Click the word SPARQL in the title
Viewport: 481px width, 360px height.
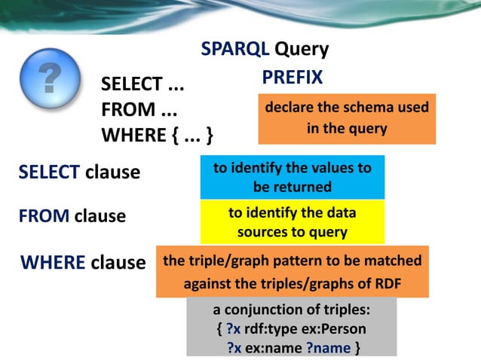point(234,49)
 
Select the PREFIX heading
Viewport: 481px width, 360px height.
point(293,77)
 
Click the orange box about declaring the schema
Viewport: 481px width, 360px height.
point(347,118)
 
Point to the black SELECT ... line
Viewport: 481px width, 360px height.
point(143,85)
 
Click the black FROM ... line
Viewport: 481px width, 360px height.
point(139,110)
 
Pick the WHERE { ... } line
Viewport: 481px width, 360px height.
point(157,136)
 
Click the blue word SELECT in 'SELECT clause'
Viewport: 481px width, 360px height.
point(49,172)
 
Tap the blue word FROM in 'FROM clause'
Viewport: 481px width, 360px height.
point(44,216)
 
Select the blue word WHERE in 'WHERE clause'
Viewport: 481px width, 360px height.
point(53,262)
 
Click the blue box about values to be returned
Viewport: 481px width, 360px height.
point(292,177)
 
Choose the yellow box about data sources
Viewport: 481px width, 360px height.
point(292,222)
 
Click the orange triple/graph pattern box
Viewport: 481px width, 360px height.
point(292,271)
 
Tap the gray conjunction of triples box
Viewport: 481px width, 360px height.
point(292,327)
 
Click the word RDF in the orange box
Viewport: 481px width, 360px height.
point(387,285)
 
